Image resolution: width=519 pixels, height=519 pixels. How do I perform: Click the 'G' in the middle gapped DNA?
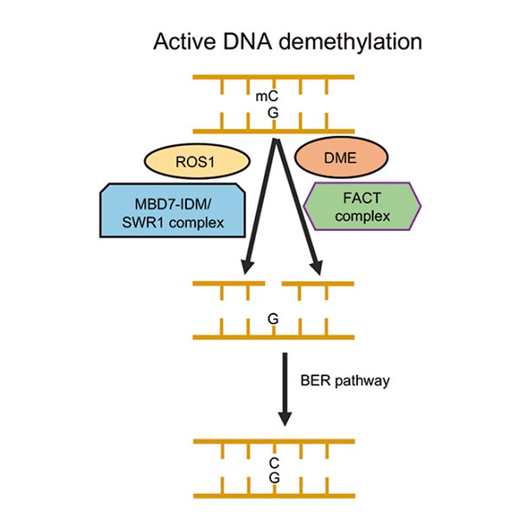tap(272, 319)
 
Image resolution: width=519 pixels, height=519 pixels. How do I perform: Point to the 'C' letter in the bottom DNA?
tap(272, 464)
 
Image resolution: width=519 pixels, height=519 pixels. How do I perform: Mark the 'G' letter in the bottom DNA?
tap(272, 478)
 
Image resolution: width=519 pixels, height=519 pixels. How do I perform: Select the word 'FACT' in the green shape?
tap(363, 198)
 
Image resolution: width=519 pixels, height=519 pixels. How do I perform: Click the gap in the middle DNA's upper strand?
tap(273, 282)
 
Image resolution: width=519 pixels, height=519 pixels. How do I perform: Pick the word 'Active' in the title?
tap(179, 42)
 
